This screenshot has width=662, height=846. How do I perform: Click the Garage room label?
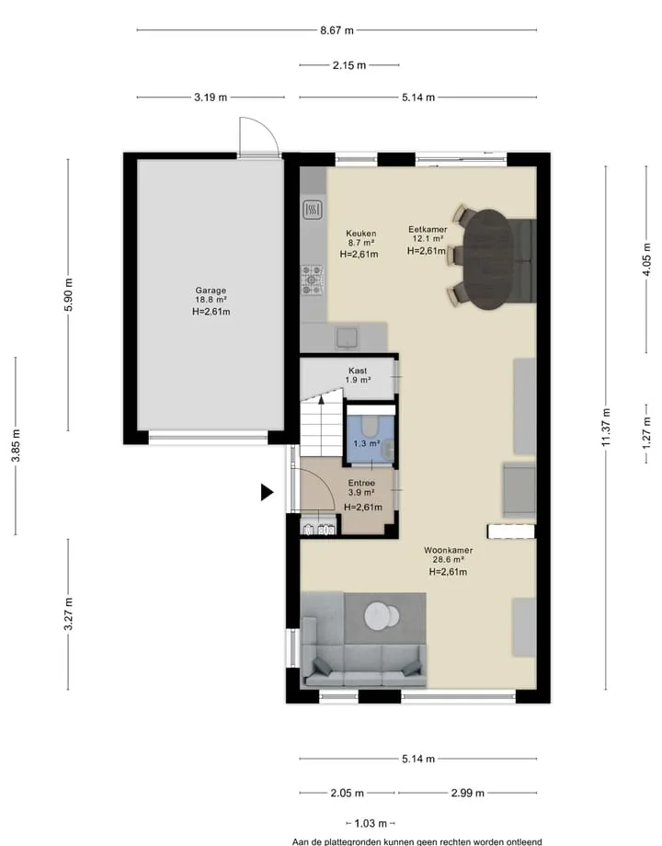(211, 291)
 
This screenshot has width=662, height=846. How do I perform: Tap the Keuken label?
(361, 234)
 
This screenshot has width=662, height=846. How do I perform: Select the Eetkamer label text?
(428, 229)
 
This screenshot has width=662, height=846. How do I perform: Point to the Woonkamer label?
(448, 550)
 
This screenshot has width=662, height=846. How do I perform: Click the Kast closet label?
(358, 371)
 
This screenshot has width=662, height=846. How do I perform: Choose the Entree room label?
(361, 484)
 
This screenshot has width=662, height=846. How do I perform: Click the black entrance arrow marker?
(267, 492)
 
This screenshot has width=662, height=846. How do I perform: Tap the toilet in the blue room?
(370, 426)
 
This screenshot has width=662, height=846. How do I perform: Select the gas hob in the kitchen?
(313, 280)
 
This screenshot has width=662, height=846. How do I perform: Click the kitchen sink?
(348, 337)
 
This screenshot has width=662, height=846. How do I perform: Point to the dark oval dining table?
(488, 259)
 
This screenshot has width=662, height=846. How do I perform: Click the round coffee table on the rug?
(382, 615)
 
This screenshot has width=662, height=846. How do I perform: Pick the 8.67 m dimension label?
(337, 30)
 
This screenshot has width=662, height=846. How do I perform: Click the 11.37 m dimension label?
(606, 428)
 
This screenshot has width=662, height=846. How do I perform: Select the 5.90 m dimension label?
(69, 294)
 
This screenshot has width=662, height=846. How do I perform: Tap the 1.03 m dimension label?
(371, 823)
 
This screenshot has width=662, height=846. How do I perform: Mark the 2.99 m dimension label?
(468, 793)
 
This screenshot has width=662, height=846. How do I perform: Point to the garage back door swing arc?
(266, 129)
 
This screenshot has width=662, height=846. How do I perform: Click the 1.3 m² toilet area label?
(367, 443)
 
